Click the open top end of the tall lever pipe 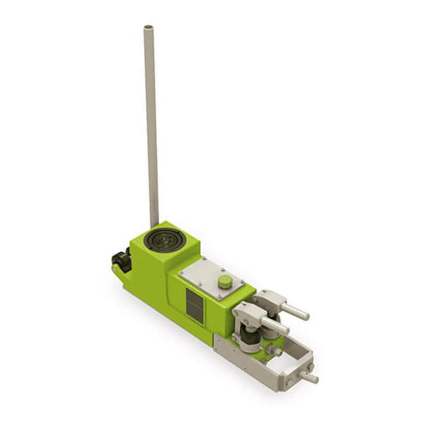148,28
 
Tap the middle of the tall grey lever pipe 151,129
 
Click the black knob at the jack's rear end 120,260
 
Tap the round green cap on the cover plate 225,281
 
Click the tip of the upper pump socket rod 305,316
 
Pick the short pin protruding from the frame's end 311,378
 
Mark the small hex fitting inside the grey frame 273,351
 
